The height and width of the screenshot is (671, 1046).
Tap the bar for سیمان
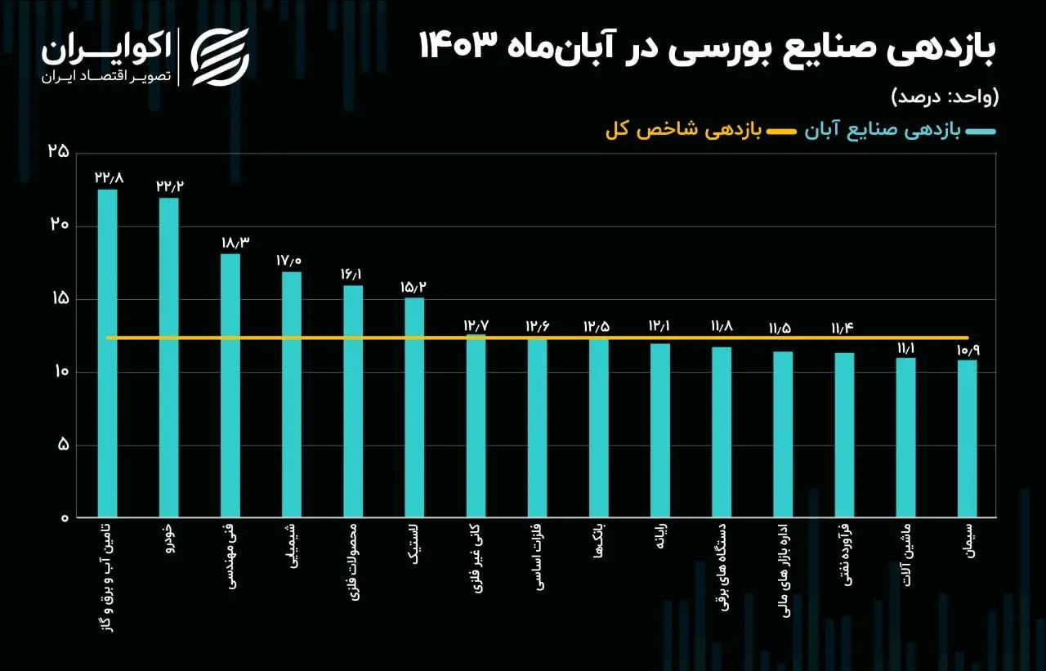pyautogui.click(x=967, y=438)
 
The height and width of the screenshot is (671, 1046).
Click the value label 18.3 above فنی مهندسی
pyautogui.click(x=230, y=243)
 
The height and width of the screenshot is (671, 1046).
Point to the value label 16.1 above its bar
pyautogui.click(x=353, y=274)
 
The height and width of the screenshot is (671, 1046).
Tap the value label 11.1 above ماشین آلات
pyautogui.click(x=905, y=348)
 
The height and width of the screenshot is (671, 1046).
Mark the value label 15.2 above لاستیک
pyautogui.click(x=414, y=287)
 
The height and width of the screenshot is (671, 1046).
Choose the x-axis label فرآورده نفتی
pyautogui.click(x=844, y=564)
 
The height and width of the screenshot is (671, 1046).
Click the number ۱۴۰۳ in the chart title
pyautogui.click(x=458, y=46)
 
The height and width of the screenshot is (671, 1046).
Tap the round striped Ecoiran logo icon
pyautogui.click(x=220, y=56)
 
